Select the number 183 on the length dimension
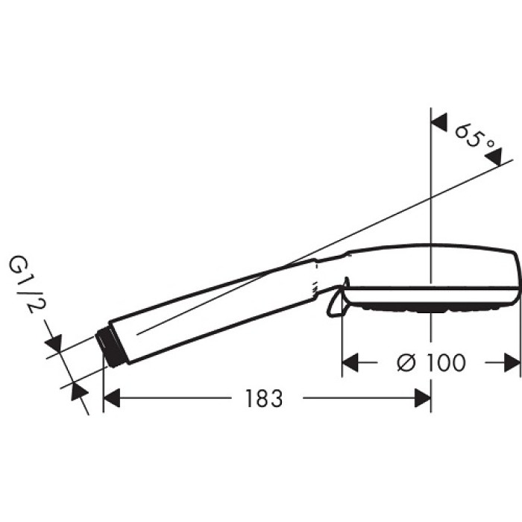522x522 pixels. pyautogui.click(x=263, y=399)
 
